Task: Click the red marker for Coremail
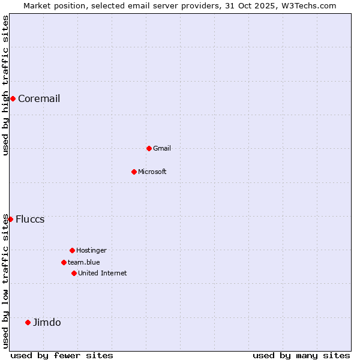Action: click(x=13, y=98)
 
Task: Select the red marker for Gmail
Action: click(x=149, y=148)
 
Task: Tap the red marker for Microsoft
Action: click(x=134, y=172)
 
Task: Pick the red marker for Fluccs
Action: click(x=10, y=219)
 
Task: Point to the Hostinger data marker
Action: click(x=72, y=250)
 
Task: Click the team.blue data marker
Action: click(x=64, y=262)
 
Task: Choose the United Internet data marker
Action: click(x=74, y=273)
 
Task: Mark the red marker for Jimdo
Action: click(x=28, y=322)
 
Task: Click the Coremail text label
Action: click(x=39, y=98)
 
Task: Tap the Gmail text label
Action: click(x=162, y=148)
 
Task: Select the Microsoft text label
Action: click(x=152, y=172)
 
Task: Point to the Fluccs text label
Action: click(x=30, y=219)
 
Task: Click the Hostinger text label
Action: click(x=91, y=250)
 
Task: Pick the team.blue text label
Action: click(x=84, y=262)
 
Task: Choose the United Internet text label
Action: click(x=103, y=273)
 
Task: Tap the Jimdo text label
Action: click(x=47, y=322)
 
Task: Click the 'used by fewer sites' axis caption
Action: click(x=62, y=355)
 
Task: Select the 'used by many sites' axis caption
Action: click(x=301, y=355)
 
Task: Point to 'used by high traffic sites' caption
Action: click(x=5, y=85)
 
